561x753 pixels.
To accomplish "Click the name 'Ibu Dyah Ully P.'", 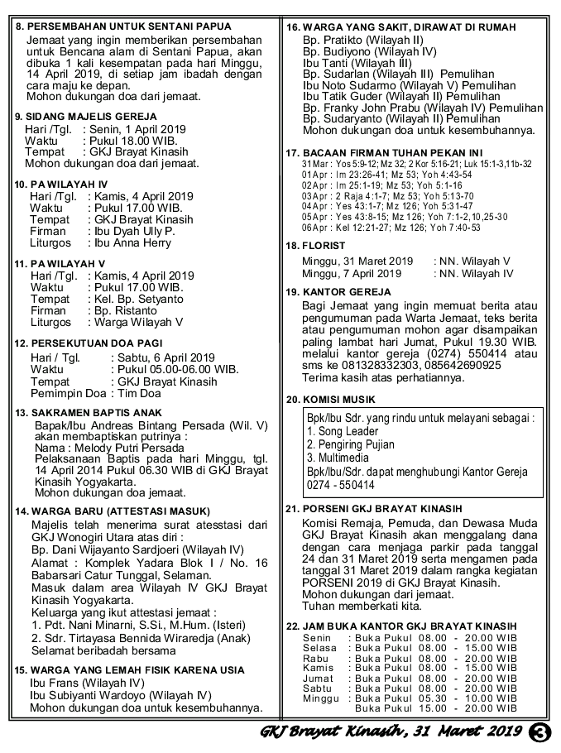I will point(135,232).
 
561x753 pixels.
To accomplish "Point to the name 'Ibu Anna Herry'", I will point(134,244).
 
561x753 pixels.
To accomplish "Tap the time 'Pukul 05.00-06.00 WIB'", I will point(175,369).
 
